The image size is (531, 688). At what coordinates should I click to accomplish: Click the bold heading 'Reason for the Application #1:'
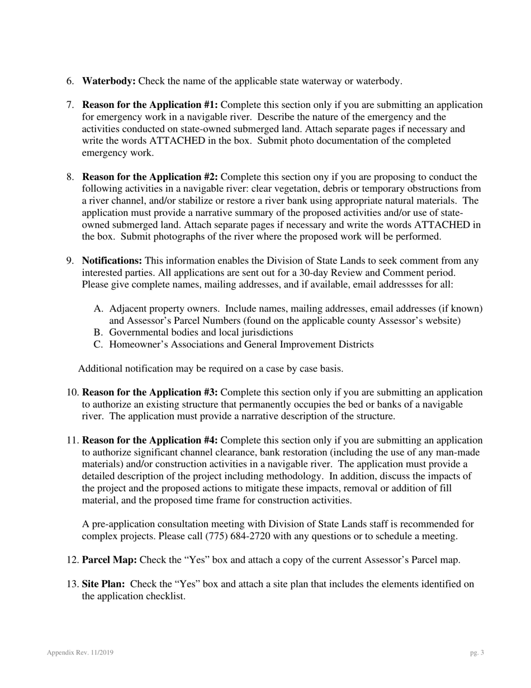coord(150,105)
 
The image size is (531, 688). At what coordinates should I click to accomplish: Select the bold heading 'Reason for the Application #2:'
coord(150,177)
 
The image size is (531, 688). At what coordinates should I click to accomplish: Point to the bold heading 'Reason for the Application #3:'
coord(150,393)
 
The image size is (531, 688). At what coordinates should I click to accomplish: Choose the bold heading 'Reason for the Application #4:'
coord(150,441)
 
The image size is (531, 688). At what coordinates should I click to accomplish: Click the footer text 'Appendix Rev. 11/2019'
coord(80,653)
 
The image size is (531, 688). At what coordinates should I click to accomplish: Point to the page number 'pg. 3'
coord(477,653)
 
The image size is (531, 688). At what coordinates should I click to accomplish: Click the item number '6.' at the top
coord(70,81)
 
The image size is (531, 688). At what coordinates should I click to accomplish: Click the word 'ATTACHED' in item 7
coord(182,141)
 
